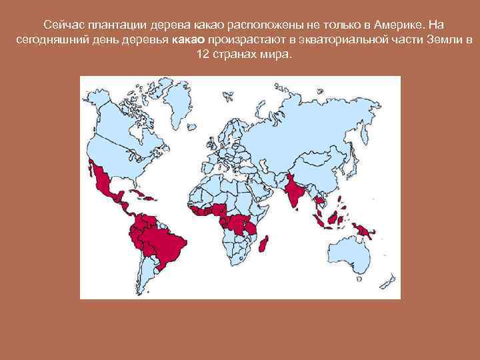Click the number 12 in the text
click(x=203, y=55)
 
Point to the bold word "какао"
click(x=189, y=40)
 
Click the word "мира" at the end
click(x=276, y=55)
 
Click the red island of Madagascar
click(x=265, y=243)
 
